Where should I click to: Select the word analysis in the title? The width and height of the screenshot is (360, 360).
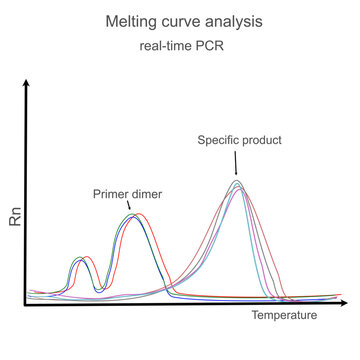point(236,21)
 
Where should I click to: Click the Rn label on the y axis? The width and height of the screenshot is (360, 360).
point(14,219)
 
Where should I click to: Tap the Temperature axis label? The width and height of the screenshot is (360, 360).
point(283,316)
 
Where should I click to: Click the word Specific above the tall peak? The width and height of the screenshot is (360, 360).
point(215,142)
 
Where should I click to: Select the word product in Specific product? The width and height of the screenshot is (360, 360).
point(260,142)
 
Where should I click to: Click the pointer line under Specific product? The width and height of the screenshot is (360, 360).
point(237,162)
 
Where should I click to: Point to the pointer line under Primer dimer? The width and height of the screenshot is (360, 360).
point(131,205)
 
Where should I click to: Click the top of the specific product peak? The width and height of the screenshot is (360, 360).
point(237,182)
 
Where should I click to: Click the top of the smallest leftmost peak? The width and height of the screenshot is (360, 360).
point(81,259)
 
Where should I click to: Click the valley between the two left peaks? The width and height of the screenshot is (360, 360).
point(98,289)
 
